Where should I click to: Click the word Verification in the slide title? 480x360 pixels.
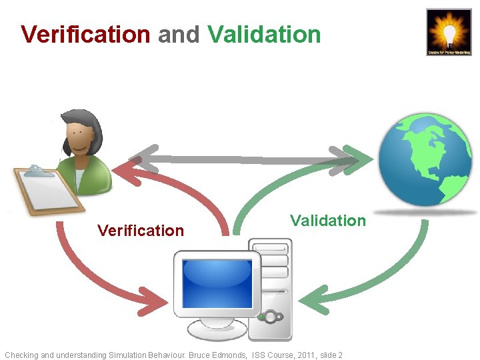coord(85,34)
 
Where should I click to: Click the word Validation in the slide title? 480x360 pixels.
coord(264,34)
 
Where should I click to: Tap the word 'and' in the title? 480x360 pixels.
coord(179,34)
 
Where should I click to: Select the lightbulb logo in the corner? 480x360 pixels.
coord(449,31)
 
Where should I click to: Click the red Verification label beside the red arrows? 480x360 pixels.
coord(140,231)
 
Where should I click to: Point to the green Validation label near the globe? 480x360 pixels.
coord(328,221)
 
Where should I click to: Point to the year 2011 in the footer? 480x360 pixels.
coord(306,355)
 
